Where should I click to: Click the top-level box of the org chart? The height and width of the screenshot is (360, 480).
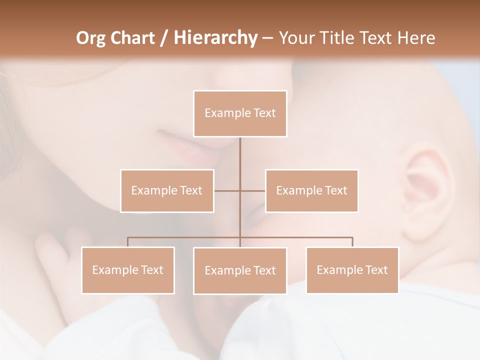coord(240,113)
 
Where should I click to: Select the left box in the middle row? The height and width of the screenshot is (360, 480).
coord(167,190)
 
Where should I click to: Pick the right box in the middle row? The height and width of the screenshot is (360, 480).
coord(311,190)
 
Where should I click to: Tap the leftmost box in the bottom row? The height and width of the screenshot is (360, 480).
coord(127,270)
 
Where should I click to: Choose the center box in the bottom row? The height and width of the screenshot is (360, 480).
coord(240,270)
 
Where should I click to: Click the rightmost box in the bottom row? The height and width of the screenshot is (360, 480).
coord(352,270)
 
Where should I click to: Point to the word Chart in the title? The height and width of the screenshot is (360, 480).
coord(132,38)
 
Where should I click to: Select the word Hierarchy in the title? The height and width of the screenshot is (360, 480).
coord(215,38)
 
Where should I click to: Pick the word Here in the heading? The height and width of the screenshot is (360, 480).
coord(416,38)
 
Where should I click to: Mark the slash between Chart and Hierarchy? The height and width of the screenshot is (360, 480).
coord(164,38)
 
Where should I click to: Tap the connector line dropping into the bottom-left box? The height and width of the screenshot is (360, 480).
coord(127,242)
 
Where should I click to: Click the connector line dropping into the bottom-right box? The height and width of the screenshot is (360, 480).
coord(352,242)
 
